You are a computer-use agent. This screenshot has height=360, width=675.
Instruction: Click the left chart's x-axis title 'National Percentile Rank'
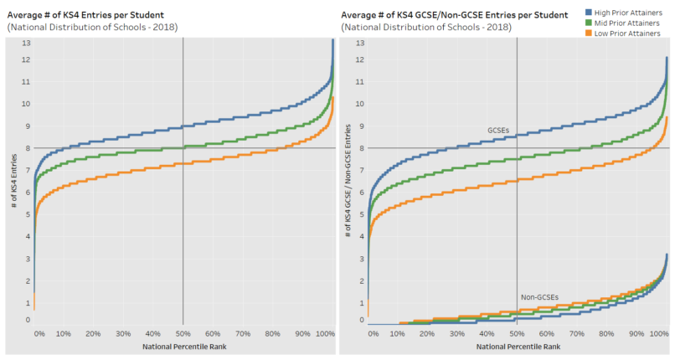coord(183,347)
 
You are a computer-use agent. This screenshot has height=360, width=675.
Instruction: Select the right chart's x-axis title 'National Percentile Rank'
coord(517,347)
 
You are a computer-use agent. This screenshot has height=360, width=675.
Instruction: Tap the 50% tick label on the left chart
coord(183,333)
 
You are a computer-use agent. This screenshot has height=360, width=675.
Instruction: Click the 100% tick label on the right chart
coord(661,333)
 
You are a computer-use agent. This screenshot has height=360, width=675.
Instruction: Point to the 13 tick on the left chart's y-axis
coord(26,43)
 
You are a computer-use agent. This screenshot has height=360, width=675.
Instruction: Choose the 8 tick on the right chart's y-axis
coord(360,148)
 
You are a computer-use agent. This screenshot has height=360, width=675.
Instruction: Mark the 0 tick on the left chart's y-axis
coord(28,320)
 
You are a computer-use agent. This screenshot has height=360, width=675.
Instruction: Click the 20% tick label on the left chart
coord(93,333)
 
